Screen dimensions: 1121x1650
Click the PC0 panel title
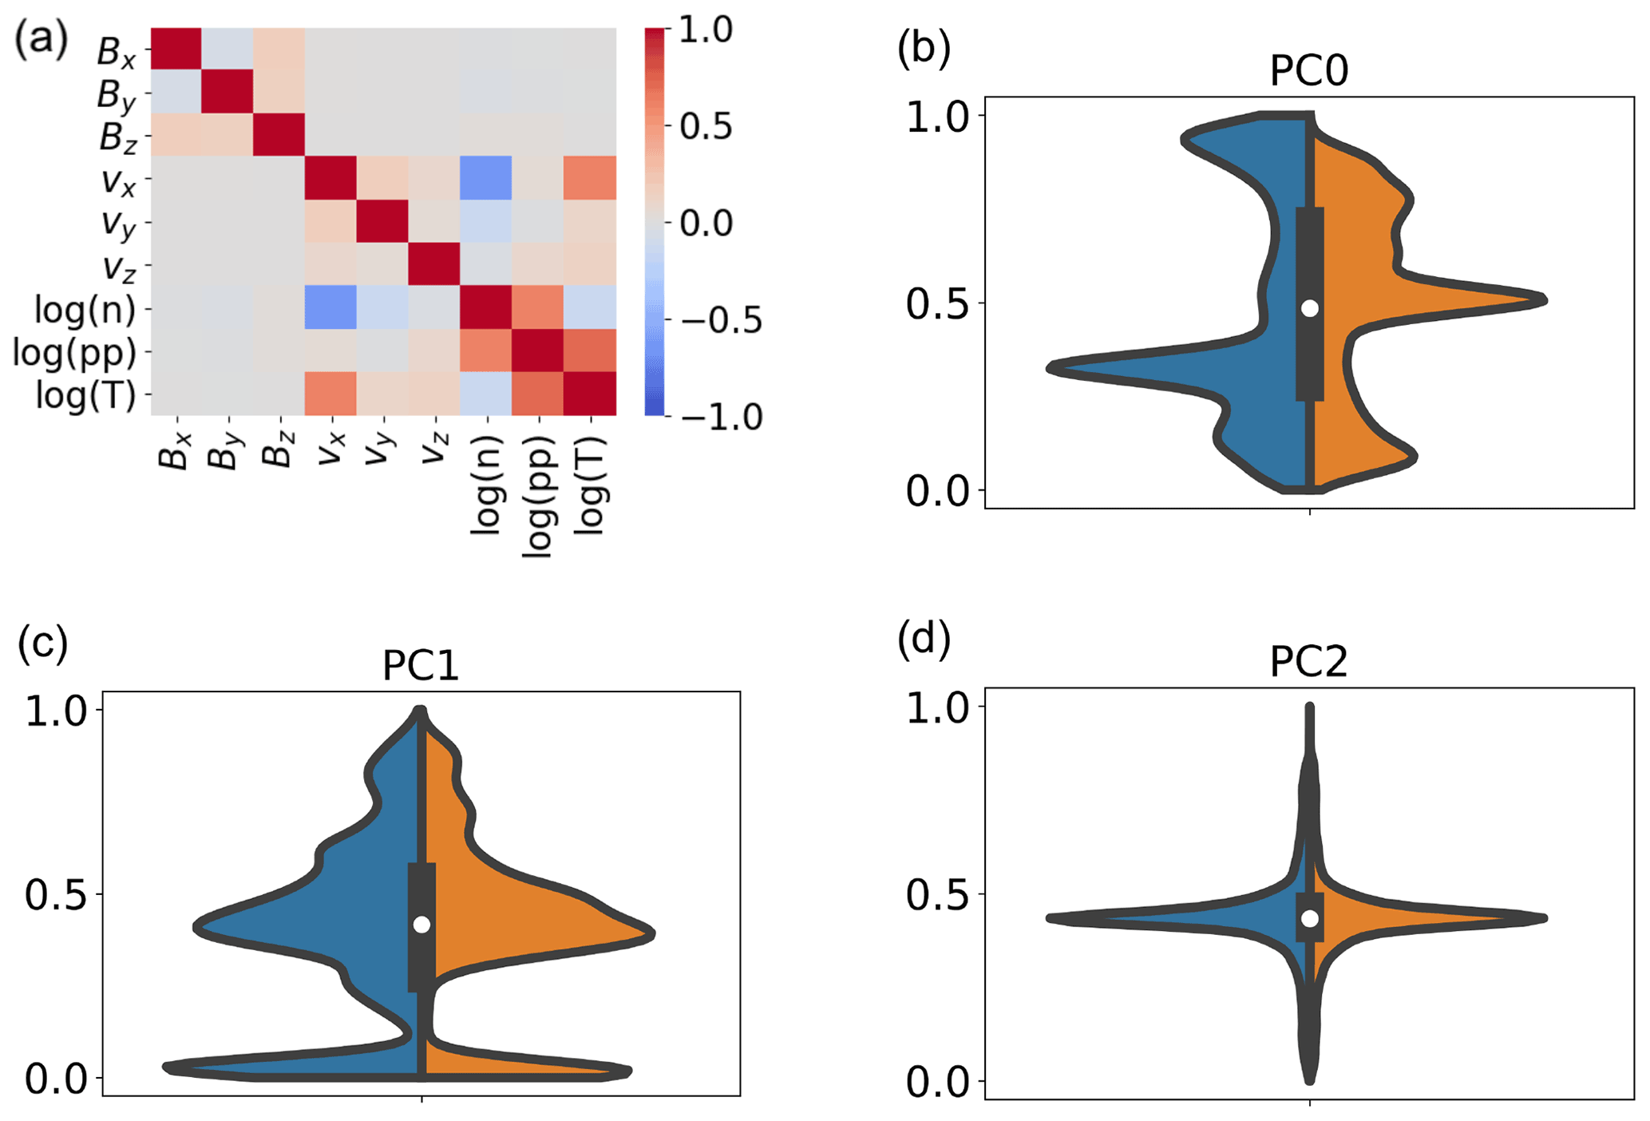pyautogui.click(x=1308, y=70)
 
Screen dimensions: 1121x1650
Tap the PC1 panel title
pyautogui.click(x=421, y=665)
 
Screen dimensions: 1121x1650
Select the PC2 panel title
pyautogui.click(x=1308, y=662)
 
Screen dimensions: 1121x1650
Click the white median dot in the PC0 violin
pyautogui.click(x=1309, y=308)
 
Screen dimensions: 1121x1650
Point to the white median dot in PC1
pyautogui.click(x=421, y=924)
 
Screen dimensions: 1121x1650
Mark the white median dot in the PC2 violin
pyautogui.click(x=1309, y=918)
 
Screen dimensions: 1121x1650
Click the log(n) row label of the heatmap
pyautogui.click(x=85, y=309)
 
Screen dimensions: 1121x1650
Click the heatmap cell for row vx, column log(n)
pyautogui.click(x=485, y=178)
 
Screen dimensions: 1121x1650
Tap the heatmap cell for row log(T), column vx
pyautogui.click(x=330, y=394)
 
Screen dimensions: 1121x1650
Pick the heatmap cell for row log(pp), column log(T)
pyautogui.click(x=590, y=351)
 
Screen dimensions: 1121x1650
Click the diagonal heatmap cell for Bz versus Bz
pyautogui.click(x=279, y=135)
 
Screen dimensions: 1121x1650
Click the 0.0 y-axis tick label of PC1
pyautogui.click(x=56, y=1078)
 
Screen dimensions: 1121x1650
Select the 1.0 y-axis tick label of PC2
pyautogui.click(x=937, y=708)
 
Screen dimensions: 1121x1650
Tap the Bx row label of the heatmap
pyautogui.click(x=117, y=51)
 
